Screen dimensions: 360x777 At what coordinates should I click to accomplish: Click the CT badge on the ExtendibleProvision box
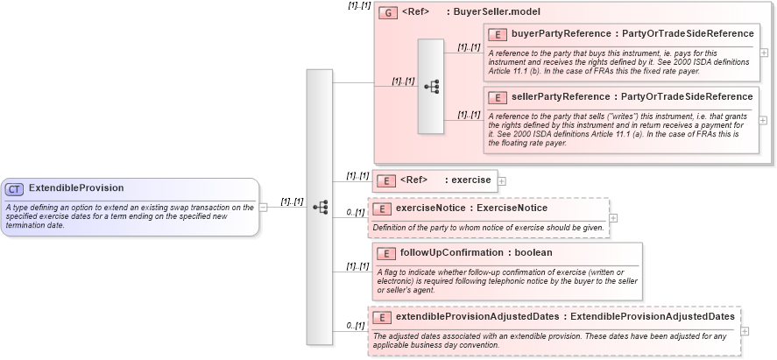pos(15,188)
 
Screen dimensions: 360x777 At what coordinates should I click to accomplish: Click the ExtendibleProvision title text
pos(76,188)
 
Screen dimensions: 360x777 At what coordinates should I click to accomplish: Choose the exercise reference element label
pos(445,180)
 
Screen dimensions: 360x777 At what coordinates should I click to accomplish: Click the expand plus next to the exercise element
pos(502,181)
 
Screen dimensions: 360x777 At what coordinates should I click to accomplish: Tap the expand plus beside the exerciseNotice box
pos(613,217)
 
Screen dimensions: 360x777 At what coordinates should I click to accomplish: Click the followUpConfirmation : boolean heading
pos(476,253)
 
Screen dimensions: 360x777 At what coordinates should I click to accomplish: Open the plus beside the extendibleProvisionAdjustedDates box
pos(745,331)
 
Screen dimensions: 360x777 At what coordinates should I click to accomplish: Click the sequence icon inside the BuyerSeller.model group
pos(431,86)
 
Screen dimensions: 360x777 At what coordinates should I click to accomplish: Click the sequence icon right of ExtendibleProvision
pos(320,207)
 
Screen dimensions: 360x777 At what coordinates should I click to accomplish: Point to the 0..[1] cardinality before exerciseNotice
pos(355,212)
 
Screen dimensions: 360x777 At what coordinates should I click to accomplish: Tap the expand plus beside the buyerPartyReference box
pos(764,53)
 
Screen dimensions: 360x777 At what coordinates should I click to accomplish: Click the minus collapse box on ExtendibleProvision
pos(264,207)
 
